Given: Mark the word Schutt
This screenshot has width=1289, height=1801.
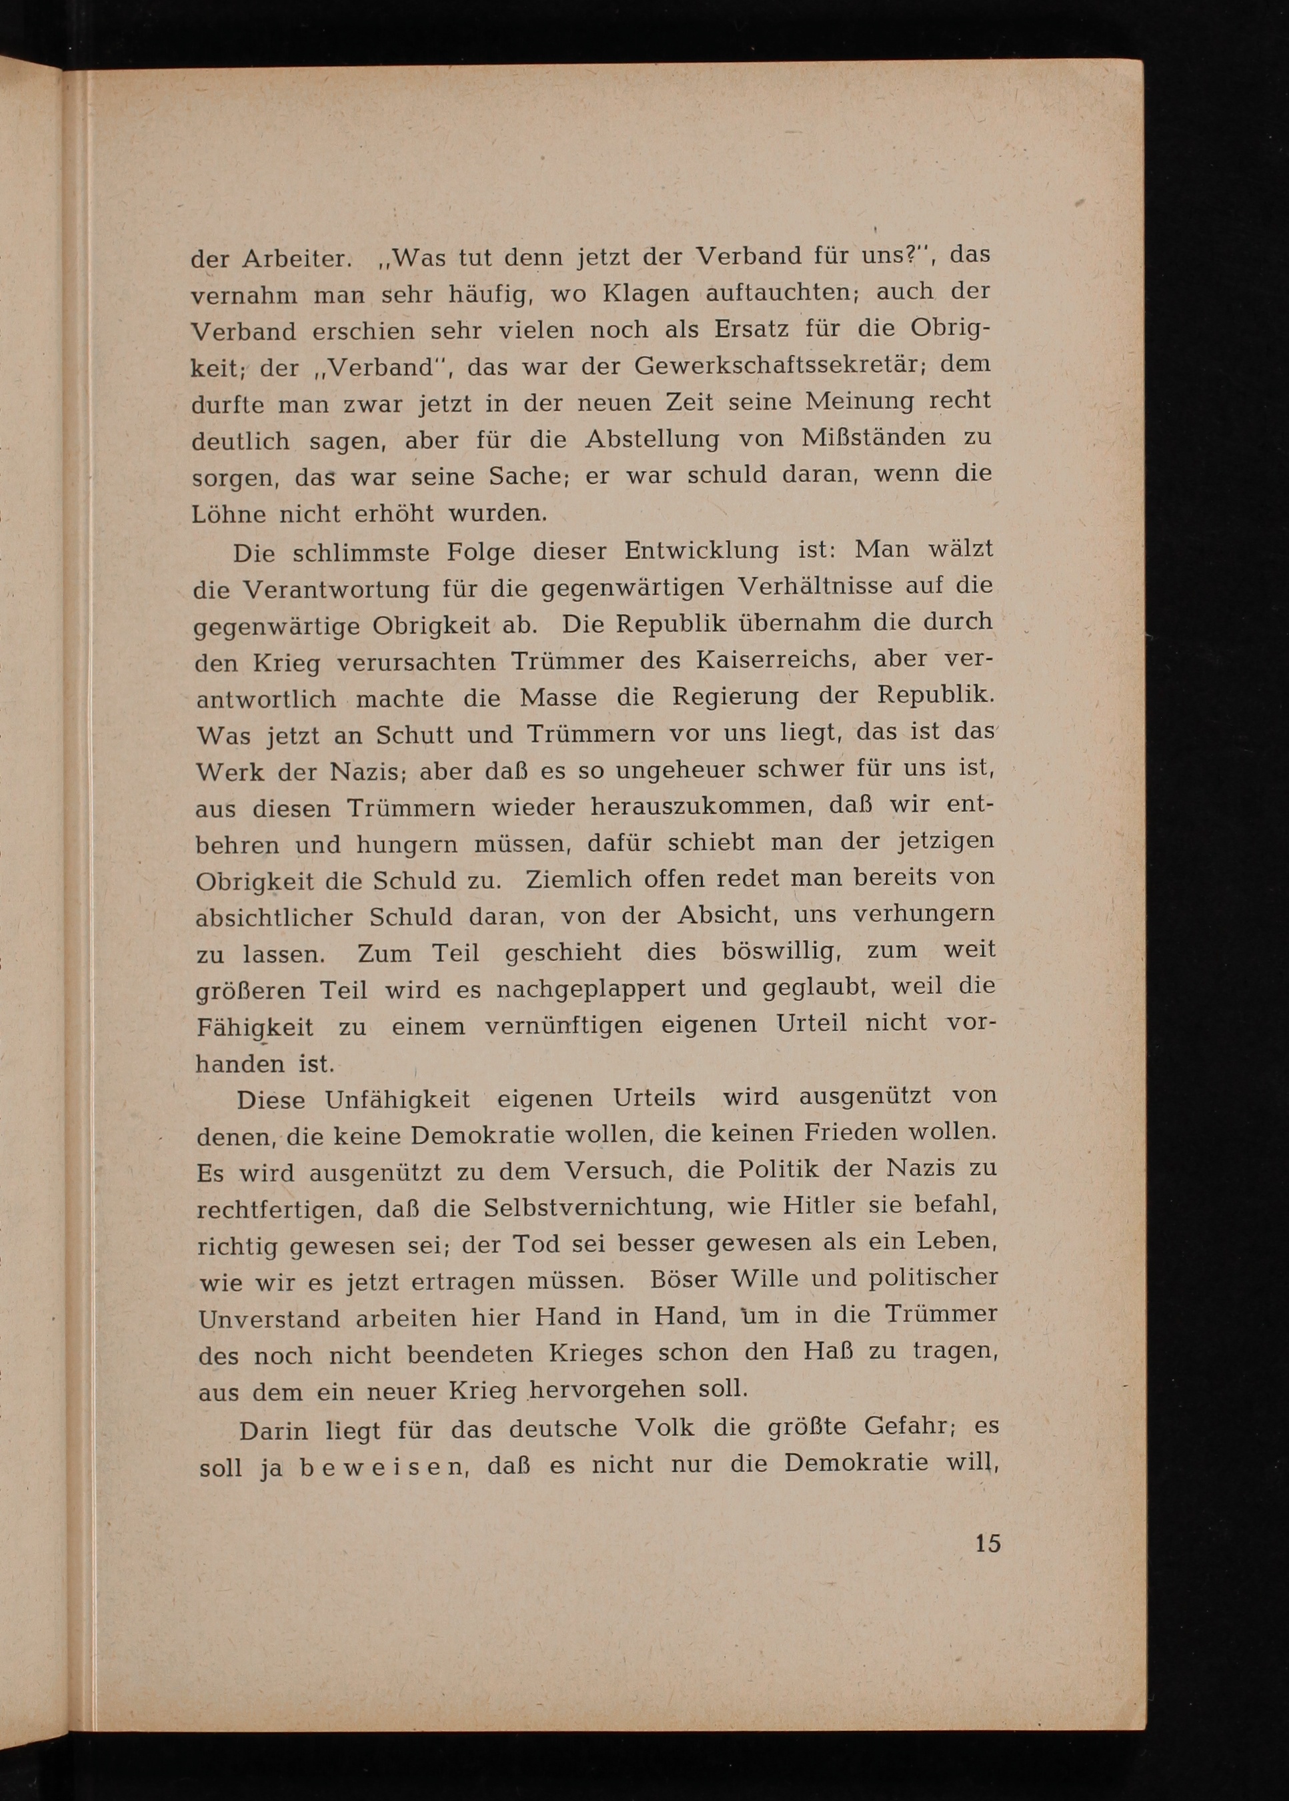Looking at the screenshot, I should (413, 735).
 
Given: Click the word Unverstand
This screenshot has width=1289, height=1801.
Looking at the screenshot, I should (269, 1319).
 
